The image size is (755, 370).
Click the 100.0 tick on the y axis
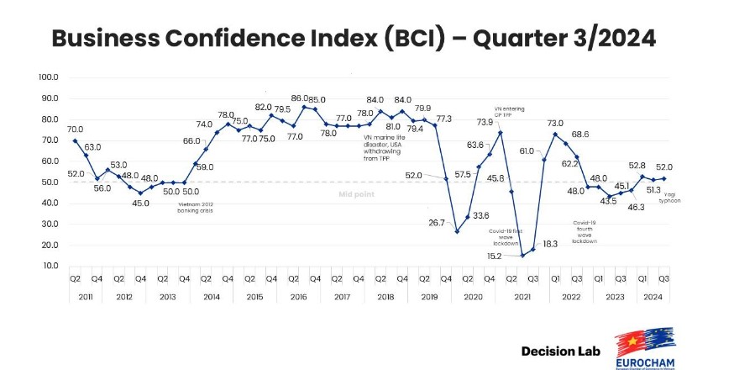pyautogui.click(x=48, y=77)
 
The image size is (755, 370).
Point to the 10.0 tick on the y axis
pyautogui.click(x=48, y=266)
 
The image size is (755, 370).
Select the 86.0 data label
pyautogui.click(x=300, y=98)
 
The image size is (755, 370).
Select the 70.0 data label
pyautogui.click(x=75, y=129)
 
